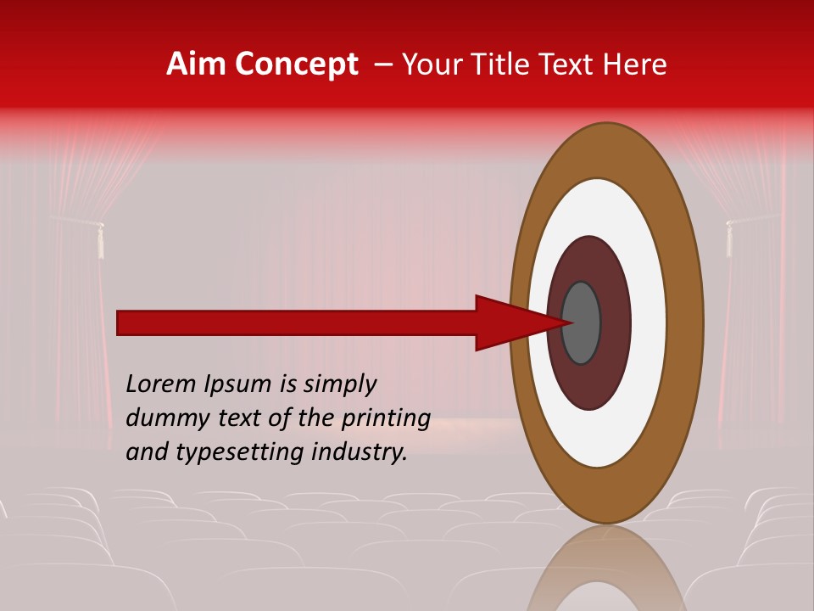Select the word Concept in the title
pyautogui.click(x=297, y=64)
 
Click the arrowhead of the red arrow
pyautogui.click(x=517, y=322)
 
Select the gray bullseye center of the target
pyautogui.click(x=582, y=322)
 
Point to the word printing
pyautogui.click(x=385, y=419)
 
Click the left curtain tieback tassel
pyautogui.click(x=100, y=241)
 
